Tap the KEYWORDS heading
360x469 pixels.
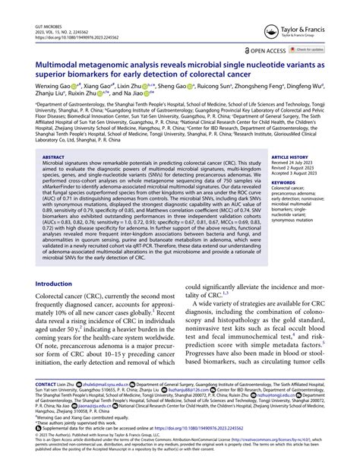283,182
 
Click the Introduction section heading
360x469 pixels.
65,262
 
